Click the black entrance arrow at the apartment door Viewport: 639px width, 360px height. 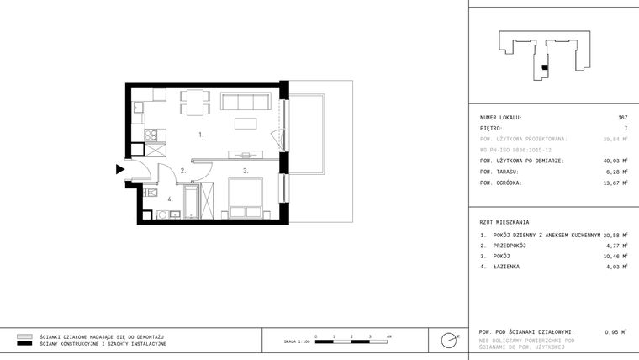click(120, 169)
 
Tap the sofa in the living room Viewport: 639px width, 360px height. click(244, 103)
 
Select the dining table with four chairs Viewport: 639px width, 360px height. click(195, 102)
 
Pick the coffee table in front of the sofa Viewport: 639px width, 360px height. click(246, 125)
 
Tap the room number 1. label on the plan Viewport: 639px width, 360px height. click(201, 135)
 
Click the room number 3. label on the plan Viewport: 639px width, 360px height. click(246, 171)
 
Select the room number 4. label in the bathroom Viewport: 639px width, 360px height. click(169, 199)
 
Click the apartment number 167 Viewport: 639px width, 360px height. click(622, 118)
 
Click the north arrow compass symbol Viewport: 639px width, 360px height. click(450, 340)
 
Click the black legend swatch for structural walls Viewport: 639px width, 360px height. click(24, 344)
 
